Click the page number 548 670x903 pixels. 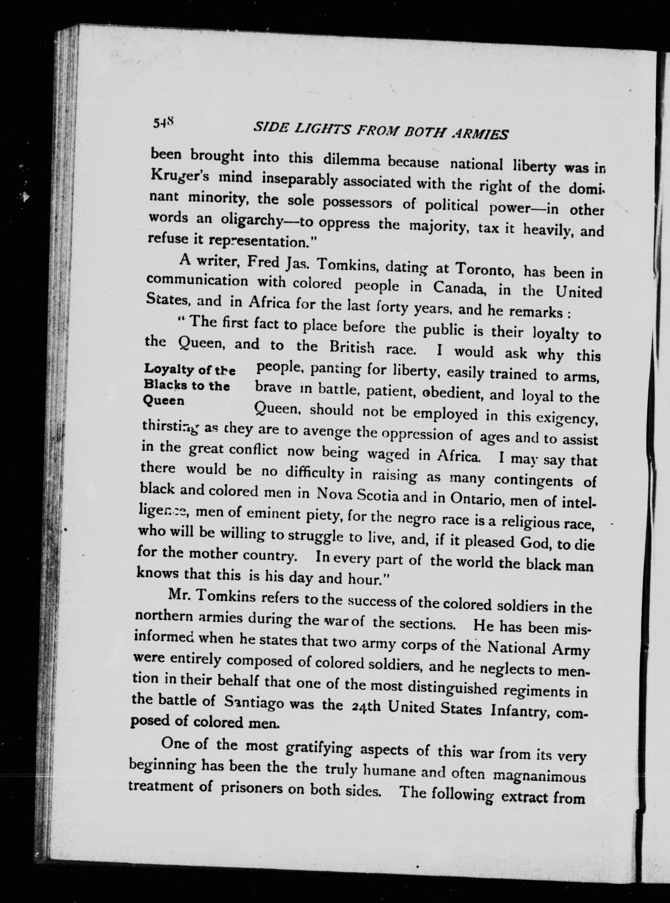pyautogui.click(x=164, y=123)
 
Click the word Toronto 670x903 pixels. pyautogui.click(x=485, y=269)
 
